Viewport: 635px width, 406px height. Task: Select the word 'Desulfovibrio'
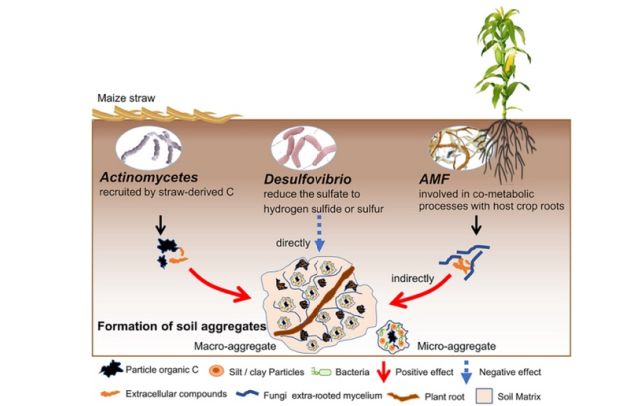coord(309,180)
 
